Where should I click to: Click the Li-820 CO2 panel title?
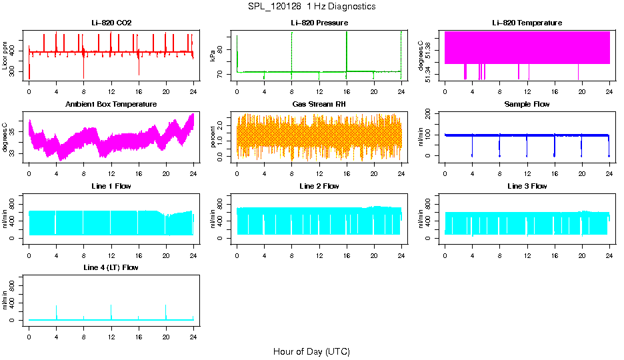point(111,23)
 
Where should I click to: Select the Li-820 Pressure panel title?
point(319,23)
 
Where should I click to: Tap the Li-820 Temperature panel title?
point(527,23)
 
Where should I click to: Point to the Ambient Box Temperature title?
point(111,105)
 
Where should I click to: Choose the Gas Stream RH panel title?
point(319,105)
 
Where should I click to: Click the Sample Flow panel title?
point(527,105)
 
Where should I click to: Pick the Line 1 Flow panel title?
point(111,186)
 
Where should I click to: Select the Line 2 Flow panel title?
point(319,186)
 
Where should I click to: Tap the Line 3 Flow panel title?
point(527,186)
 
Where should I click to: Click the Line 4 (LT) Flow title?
point(111,267)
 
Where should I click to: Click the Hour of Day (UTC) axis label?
point(311,351)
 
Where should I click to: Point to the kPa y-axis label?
point(213,56)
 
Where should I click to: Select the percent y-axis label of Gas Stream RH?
point(213,137)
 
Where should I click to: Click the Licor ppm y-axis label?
point(5,56)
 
